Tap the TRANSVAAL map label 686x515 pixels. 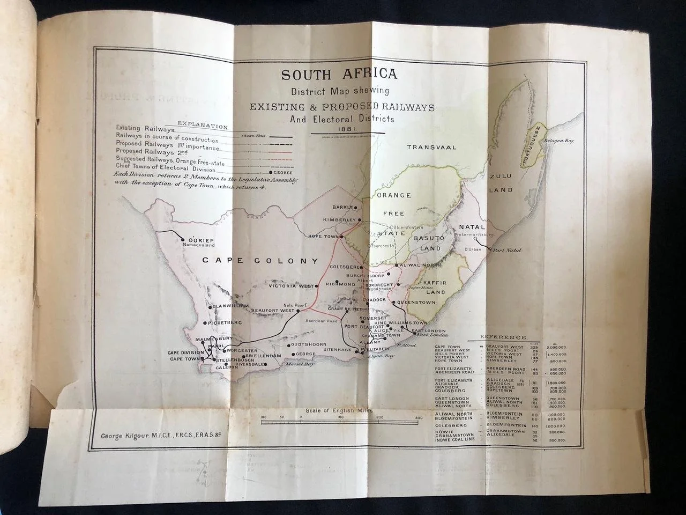tap(431, 147)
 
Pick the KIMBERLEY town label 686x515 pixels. tap(339, 220)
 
